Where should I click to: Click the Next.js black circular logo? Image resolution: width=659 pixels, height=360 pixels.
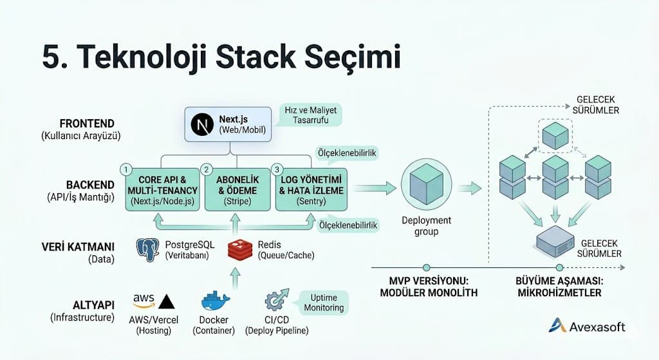204,124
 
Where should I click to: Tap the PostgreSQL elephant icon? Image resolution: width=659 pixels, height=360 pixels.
149,249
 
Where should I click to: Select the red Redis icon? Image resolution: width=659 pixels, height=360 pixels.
240,249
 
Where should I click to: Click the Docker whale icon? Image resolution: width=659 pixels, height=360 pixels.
214,302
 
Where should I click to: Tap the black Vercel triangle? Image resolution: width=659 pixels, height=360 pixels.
166,302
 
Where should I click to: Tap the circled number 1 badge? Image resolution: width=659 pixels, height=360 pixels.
127,169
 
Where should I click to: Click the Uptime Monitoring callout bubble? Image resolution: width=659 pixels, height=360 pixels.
323,302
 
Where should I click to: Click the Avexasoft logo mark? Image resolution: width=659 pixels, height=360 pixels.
557,326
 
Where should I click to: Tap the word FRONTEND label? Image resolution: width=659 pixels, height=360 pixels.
86,123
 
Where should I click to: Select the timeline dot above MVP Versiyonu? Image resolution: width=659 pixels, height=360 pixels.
425,267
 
